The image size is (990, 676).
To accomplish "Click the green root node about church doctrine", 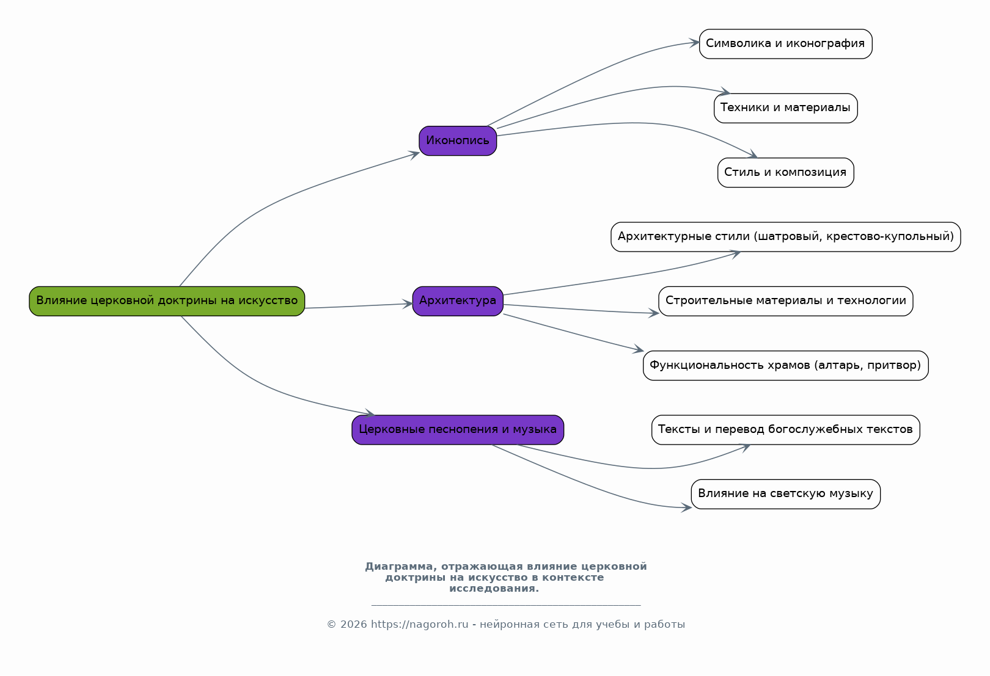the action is point(167,301).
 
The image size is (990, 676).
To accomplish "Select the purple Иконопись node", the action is point(458,141).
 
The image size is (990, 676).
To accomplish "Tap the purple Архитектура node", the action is point(458,301).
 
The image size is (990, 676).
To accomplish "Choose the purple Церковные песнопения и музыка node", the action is point(458,430).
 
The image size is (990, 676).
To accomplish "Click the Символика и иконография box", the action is point(785,44).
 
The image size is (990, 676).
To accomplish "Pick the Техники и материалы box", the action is point(785,108).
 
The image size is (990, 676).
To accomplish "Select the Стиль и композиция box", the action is point(785,173).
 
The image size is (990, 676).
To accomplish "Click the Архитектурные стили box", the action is point(785,237).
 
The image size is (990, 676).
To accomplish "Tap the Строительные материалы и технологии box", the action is point(785,301).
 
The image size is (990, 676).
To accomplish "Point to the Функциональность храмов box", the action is point(785,366).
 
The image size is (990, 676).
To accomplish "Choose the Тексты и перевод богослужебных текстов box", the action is point(785,430).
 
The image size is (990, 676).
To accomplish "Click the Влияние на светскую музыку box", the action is point(785,494).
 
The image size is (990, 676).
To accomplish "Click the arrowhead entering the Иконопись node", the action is point(414,154).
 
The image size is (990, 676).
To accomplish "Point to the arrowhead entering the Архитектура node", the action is point(408,303).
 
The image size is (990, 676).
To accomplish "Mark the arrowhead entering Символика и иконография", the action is point(694,43).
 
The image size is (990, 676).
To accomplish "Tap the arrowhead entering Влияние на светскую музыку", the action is point(686,508).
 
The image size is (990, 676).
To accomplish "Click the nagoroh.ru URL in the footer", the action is point(419,624).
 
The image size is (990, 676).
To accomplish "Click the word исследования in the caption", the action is point(494,589).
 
